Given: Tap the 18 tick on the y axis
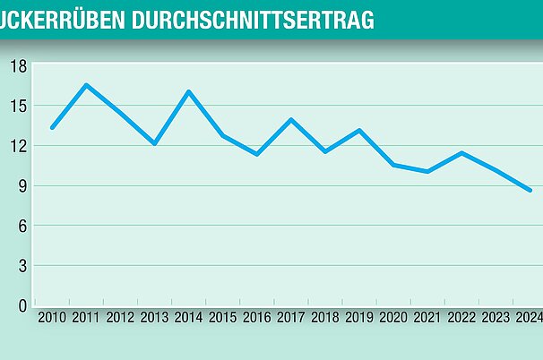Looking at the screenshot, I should click(18, 65).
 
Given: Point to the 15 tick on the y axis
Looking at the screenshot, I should click(18, 106).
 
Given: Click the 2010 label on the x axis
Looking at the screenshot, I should click(52, 316).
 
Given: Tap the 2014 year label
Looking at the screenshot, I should click(187, 316).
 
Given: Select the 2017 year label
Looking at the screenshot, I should click(290, 316).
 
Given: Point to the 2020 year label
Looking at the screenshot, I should click(393, 316).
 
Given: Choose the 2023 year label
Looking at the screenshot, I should click(496, 316).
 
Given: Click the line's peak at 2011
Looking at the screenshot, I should click(86, 85).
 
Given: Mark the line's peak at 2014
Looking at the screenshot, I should click(188, 91).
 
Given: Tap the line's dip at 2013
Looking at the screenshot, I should click(155, 143).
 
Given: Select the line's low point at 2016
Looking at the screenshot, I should click(257, 154).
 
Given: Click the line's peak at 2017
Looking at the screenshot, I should click(291, 119).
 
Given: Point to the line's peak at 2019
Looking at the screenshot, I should click(359, 130).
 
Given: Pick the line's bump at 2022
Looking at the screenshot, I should click(461, 153).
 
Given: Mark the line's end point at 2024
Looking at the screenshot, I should click(530, 190).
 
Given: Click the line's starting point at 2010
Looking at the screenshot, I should click(52, 127).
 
